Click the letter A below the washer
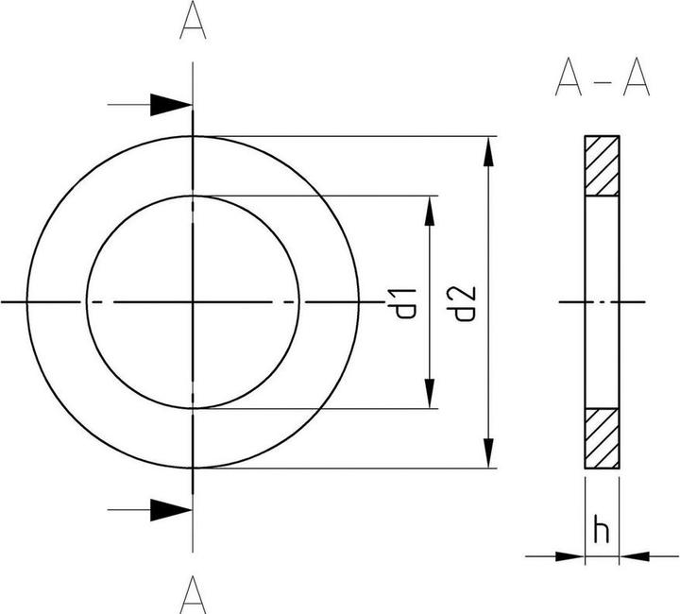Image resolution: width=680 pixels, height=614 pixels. [193, 594]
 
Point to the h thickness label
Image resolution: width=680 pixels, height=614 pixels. [602, 531]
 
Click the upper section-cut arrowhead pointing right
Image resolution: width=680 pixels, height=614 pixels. [170, 105]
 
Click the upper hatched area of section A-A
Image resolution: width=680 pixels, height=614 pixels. [602, 166]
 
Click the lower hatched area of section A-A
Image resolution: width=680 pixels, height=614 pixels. [602, 437]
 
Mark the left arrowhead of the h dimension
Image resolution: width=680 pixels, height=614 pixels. [569, 555]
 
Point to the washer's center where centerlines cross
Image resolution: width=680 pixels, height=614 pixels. [193, 302]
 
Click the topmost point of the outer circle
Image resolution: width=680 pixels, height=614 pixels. [193, 136]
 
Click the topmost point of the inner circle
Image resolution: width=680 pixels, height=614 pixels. [193, 196]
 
